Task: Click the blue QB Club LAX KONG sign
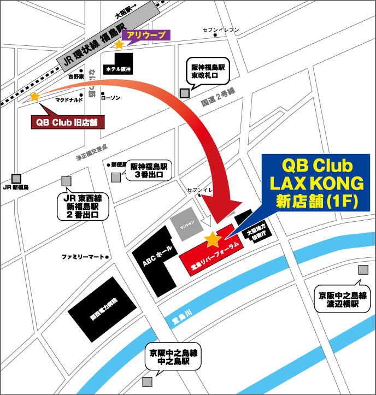point(315,182)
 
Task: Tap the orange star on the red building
point(213,239)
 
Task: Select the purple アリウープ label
point(146,36)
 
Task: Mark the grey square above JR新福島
point(16,178)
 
